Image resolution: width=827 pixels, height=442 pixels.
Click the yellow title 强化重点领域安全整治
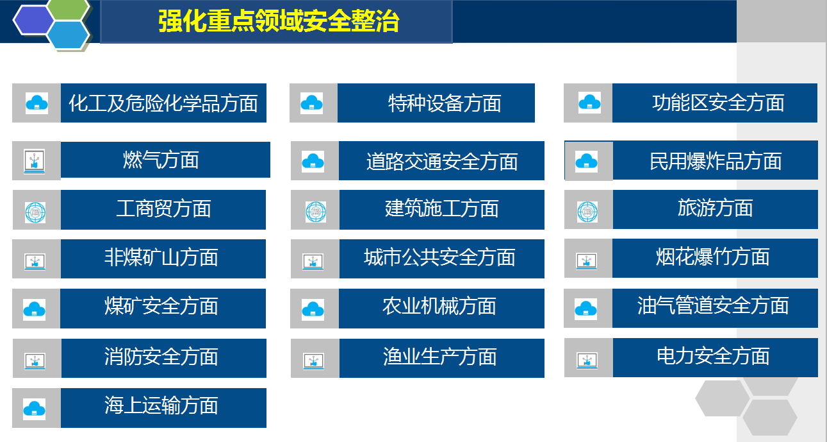tap(279, 21)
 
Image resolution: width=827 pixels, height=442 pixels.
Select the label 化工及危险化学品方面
tap(163, 103)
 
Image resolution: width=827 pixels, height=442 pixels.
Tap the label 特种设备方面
tap(445, 103)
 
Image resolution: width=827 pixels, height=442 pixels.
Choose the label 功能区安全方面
tap(718, 103)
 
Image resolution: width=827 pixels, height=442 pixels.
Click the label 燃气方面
tap(161, 160)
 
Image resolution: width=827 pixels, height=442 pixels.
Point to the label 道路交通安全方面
tap(442, 161)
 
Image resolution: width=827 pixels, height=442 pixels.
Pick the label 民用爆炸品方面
tap(716, 161)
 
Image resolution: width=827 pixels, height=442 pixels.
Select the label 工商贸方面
tap(163, 208)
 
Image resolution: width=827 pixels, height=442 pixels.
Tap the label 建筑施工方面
tap(441, 208)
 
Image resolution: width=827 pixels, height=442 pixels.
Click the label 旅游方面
tap(715, 207)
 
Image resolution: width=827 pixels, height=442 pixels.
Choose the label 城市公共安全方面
tap(439, 257)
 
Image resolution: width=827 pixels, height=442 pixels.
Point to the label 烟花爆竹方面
tap(712, 257)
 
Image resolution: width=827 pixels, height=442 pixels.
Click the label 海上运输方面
tap(161, 405)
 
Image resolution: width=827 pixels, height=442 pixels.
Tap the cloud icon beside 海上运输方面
tap(35, 409)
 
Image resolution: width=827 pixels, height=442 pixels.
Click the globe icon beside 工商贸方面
tap(35, 212)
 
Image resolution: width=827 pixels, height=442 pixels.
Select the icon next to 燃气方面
tap(35, 161)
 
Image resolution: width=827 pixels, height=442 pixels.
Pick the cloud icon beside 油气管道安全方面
tap(585, 309)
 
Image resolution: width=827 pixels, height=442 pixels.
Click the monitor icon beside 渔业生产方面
tap(313, 361)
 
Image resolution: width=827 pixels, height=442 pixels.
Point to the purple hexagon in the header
tap(33, 21)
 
